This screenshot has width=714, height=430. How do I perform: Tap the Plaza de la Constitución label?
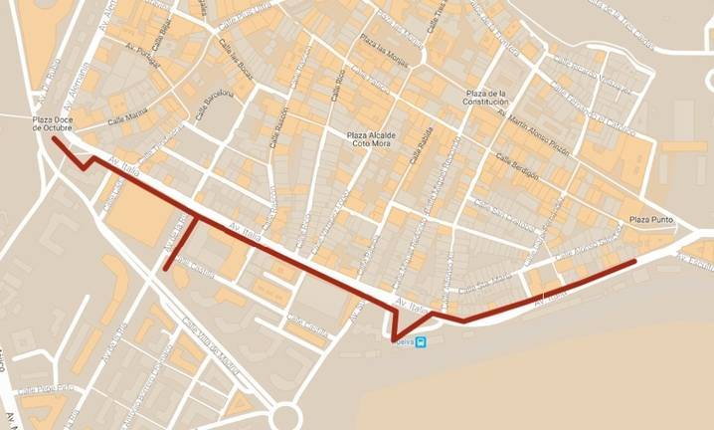pyautogui.click(x=485, y=98)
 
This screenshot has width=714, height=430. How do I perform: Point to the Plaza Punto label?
pyautogui.click(x=653, y=220)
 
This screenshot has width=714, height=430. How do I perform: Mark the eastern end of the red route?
pyautogui.click(x=634, y=262)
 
